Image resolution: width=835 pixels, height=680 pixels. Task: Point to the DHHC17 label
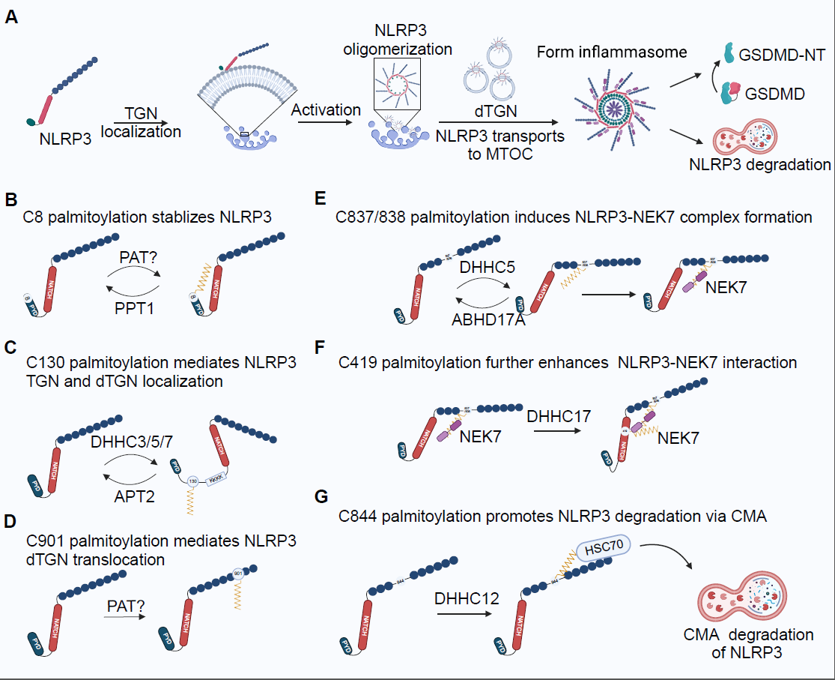point(559,415)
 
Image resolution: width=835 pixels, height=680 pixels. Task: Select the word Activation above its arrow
point(326,110)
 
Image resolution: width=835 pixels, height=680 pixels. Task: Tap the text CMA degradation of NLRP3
point(748,643)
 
